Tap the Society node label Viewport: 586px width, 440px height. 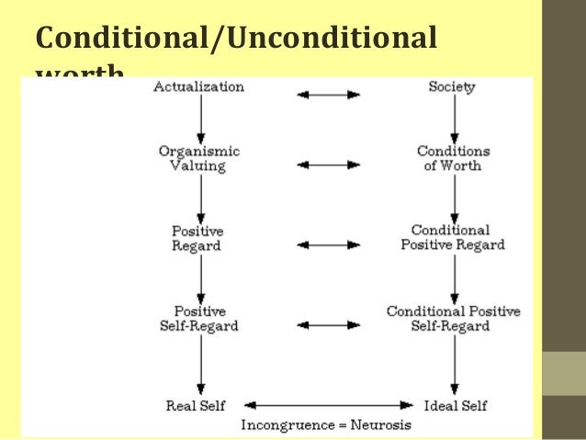[451, 87]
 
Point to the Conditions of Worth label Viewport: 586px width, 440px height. [453, 158]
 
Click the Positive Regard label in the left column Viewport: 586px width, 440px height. [197, 238]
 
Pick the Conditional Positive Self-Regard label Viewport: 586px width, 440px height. [453, 318]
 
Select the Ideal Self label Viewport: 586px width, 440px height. [456, 405]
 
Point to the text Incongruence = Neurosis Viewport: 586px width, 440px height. [326, 425]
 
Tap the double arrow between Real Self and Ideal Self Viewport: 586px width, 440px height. [326, 405]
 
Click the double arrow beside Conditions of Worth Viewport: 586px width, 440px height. [328, 164]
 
